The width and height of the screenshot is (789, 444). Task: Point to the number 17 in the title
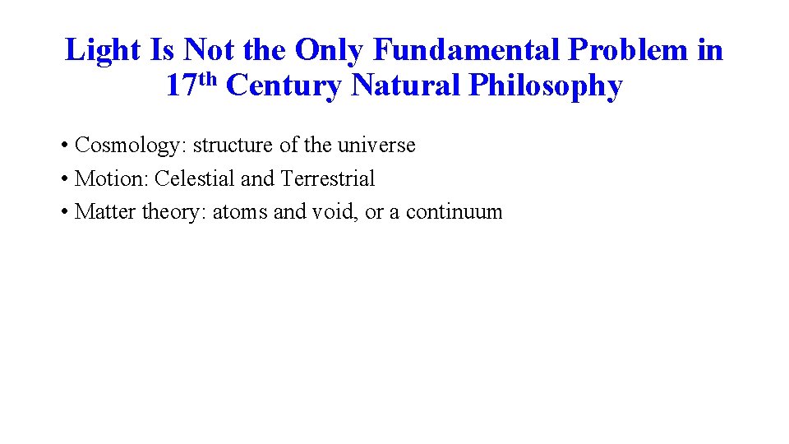click(x=181, y=86)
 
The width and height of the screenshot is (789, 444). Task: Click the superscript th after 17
click(x=208, y=78)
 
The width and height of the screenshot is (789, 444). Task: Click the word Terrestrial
click(x=327, y=178)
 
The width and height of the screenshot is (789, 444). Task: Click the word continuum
click(x=454, y=211)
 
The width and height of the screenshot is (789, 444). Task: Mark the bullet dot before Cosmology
click(x=64, y=146)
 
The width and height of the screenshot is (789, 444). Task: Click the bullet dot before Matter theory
click(x=64, y=212)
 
